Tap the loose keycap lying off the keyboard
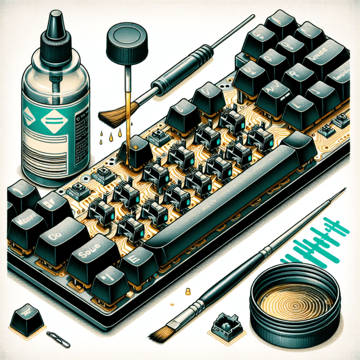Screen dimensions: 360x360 [26, 319]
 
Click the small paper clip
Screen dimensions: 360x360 [59, 339]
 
